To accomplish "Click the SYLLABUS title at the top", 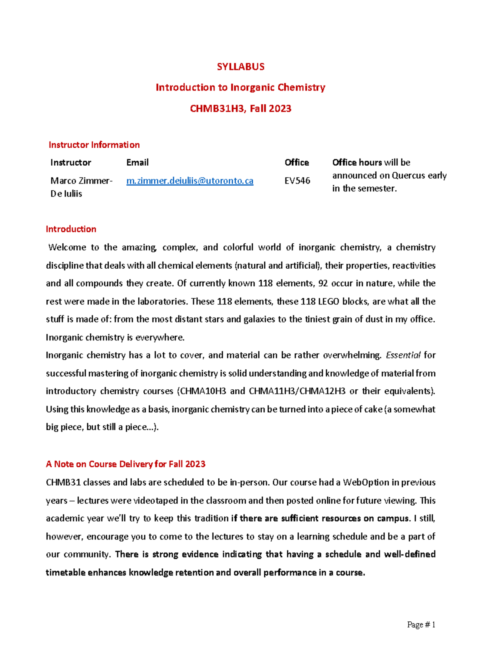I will [240, 67].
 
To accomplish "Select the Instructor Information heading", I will [94, 145].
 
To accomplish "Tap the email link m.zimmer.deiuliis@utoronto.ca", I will [190, 181].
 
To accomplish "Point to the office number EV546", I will [297, 181].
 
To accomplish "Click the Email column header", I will [137, 162].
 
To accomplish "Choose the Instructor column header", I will [71, 162].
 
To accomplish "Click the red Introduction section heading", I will [71, 229].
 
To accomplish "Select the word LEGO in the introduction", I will [328, 301].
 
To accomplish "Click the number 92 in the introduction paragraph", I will [323, 283].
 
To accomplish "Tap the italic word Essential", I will [403, 355].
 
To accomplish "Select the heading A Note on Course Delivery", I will [125, 464].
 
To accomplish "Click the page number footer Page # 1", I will [421, 625].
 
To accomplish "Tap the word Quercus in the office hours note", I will [408, 175].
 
